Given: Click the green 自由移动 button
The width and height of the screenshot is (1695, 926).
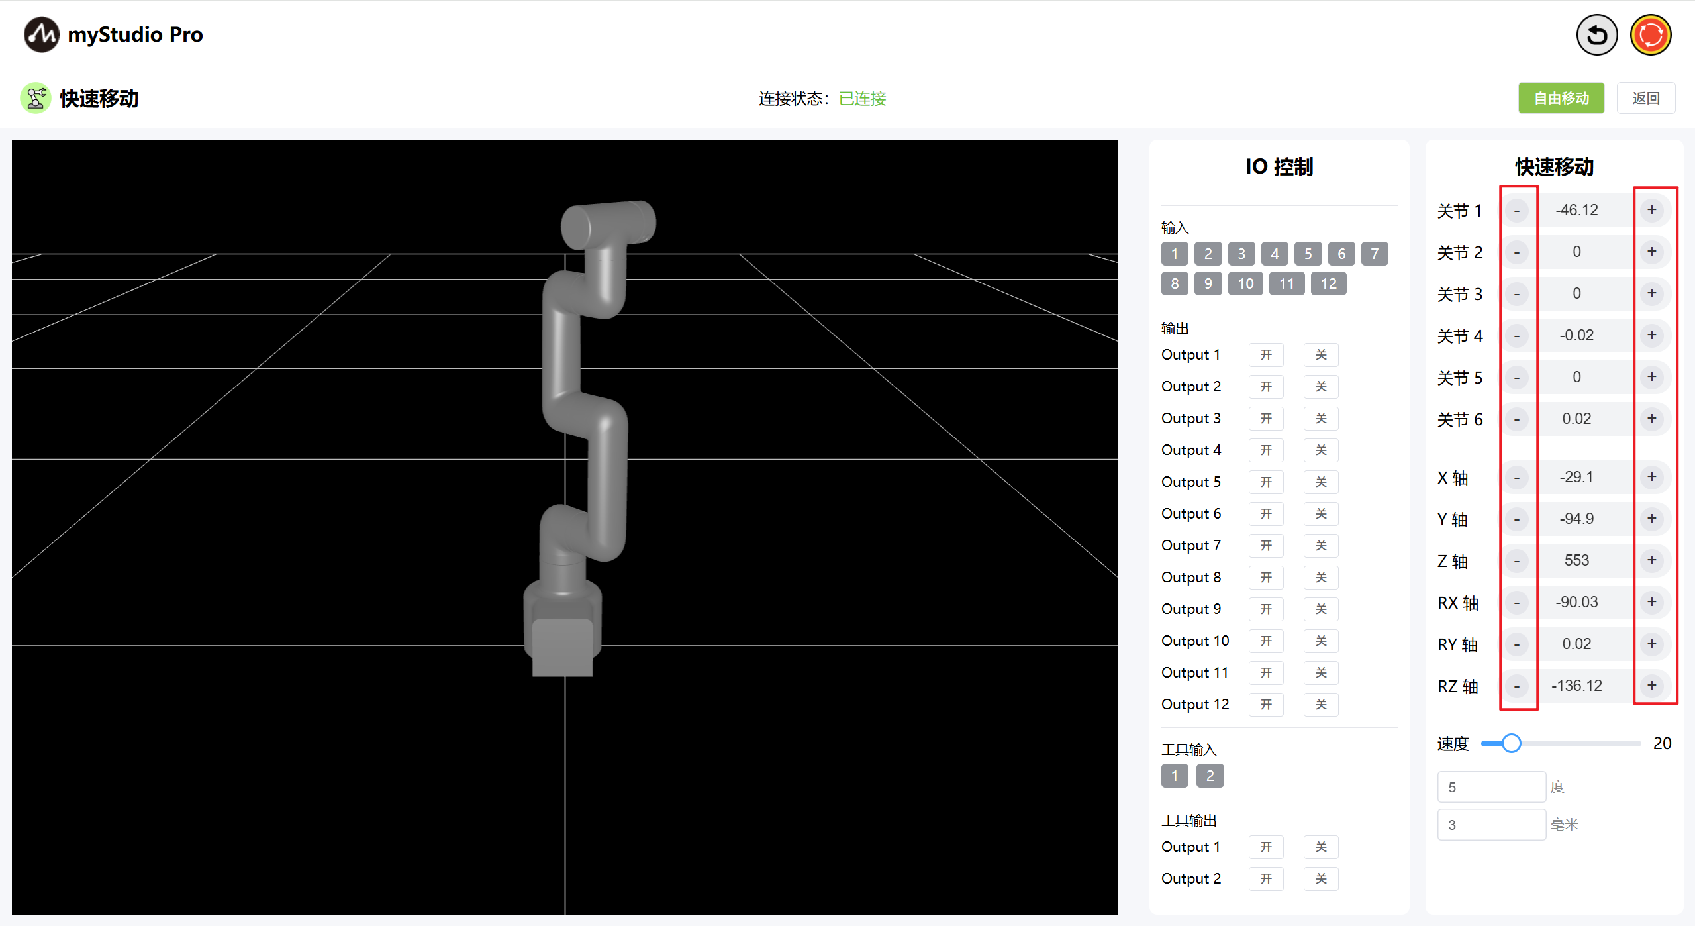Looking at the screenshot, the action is click(1561, 98).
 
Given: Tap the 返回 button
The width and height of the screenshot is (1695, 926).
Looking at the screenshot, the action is click(1645, 98).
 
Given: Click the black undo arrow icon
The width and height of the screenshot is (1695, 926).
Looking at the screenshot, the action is click(1596, 34).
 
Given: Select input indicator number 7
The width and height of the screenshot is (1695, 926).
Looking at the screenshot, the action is click(1375, 253).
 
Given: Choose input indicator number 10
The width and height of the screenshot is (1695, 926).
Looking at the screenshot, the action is click(1245, 283).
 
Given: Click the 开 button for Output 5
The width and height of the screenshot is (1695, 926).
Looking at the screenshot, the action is click(1266, 482).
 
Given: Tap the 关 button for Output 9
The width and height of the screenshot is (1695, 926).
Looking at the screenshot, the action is click(1321, 609).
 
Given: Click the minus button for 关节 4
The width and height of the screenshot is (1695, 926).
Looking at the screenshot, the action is click(1516, 335).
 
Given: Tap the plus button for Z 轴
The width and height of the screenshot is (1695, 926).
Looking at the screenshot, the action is click(1652, 560).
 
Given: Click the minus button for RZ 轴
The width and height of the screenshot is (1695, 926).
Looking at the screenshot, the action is click(1516, 686).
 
